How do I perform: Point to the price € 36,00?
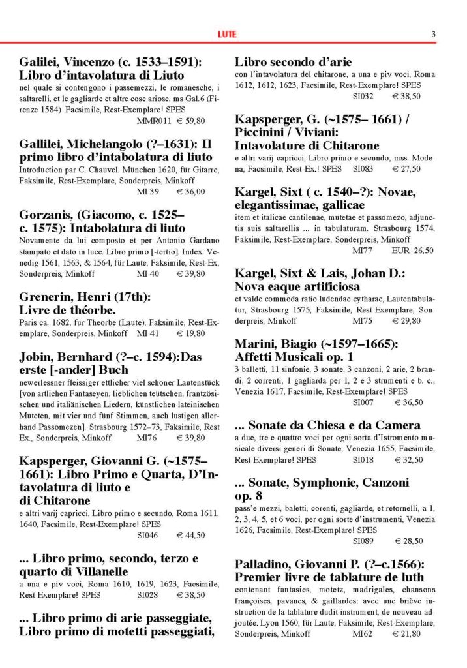coord(192,191)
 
